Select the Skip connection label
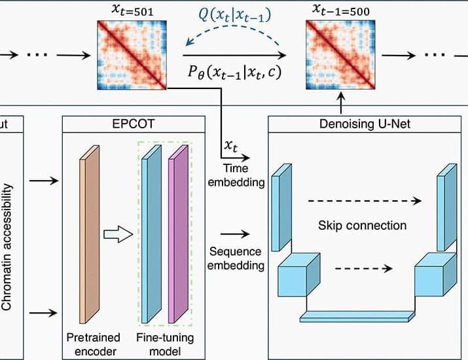[x=363, y=226]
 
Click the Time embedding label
[x=236, y=176]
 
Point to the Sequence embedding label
[x=236, y=259]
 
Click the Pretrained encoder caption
[x=94, y=344]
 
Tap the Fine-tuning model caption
[x=161, y=344]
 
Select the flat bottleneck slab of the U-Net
[x=356, y=317]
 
